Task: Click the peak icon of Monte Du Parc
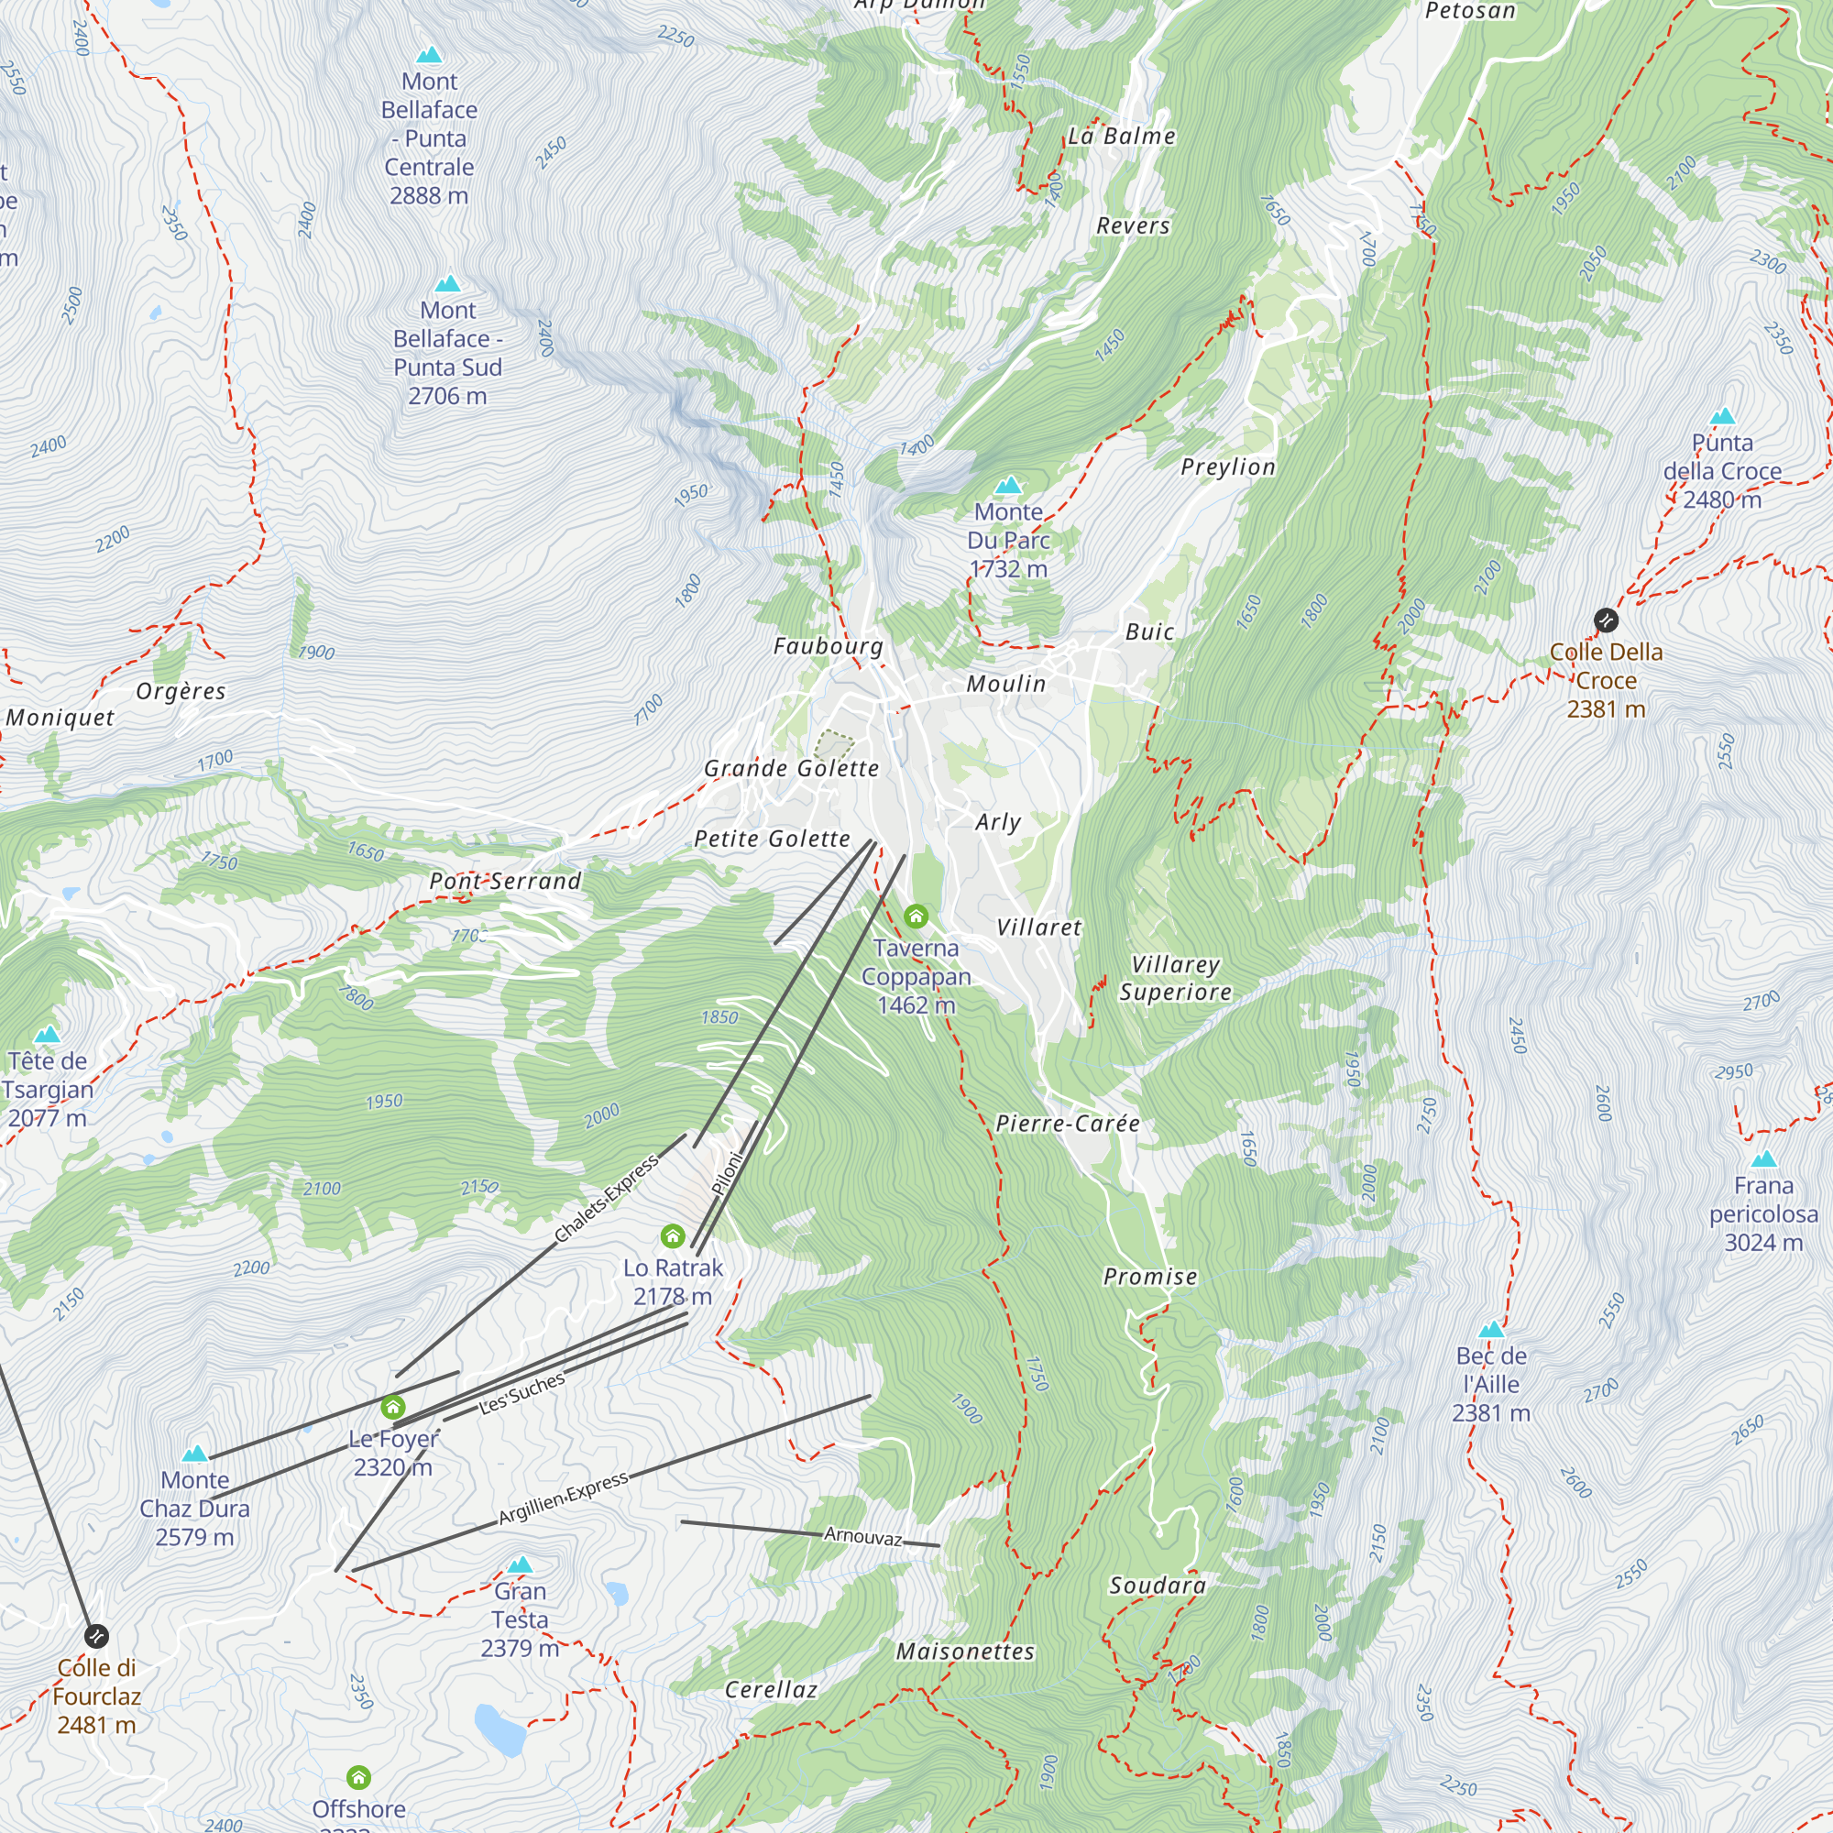[1008, 486]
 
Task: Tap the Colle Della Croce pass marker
[1606, 620]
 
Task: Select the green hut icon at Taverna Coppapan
[916, 916]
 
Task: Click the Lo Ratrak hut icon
[673, 1235]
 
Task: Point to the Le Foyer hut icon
[393, 1406]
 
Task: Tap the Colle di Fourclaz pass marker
[97, 1636]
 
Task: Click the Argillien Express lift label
[564, 1498]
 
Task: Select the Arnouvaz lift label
[862, 1536]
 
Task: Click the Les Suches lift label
[521, 1394]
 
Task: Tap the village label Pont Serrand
[506, 882]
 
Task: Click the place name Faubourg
[829, 647]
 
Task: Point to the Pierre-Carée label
[1068, 1124]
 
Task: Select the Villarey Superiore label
[1176, 978]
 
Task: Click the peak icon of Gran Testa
[520, 1564]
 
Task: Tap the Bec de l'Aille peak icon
[1491, 1329]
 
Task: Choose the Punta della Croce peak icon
[1722, 416]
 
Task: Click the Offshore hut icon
[358, 1777]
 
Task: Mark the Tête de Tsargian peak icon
[48, 1034]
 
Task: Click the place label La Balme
[1122, 137]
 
